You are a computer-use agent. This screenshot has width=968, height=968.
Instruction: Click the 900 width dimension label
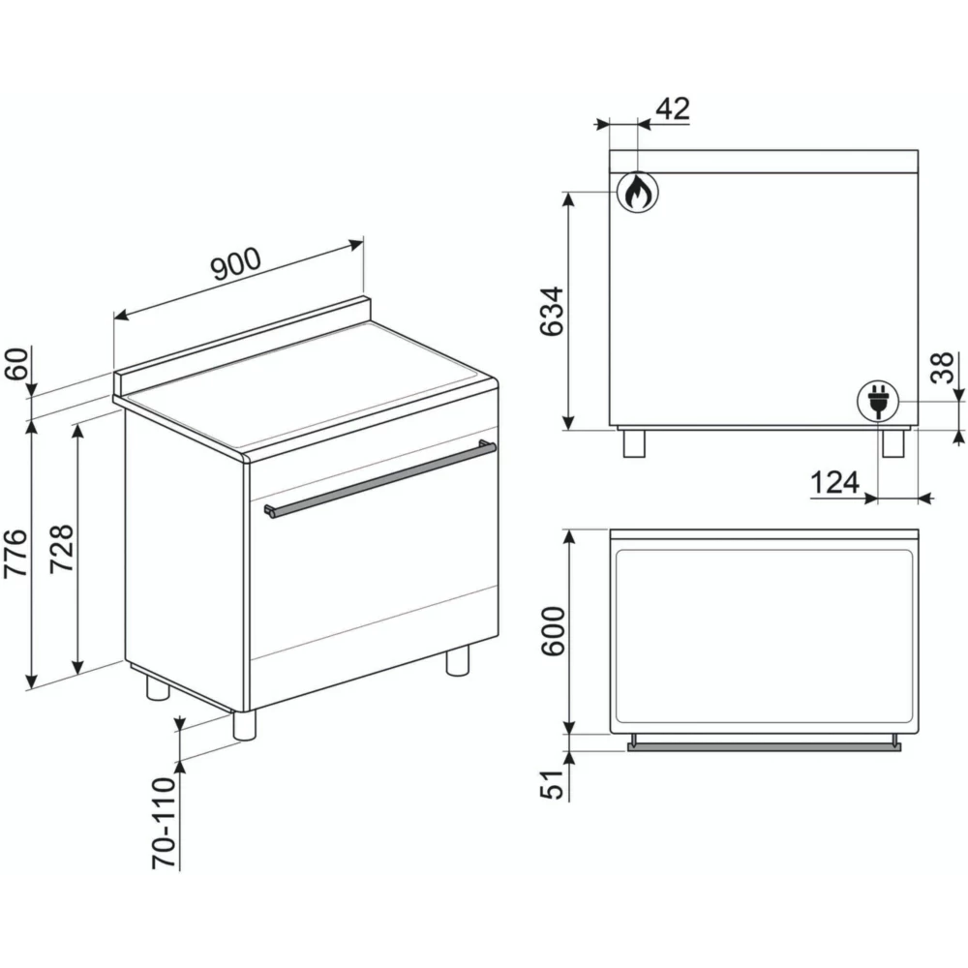[236, 265]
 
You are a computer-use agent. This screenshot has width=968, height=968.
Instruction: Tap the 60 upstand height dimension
[17, 364]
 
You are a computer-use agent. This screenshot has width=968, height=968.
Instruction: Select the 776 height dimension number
[16, 553]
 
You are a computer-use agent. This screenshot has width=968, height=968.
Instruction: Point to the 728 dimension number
[62, 549]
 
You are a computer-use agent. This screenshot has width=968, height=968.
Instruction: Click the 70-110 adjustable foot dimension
[165, 824]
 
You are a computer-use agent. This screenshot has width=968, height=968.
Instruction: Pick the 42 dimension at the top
[672, 108]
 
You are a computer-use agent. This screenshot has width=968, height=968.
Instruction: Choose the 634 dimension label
[552, 311]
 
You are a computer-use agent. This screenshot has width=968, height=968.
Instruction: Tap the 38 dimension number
[942, 368]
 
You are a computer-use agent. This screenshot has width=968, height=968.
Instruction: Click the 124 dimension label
[834, 482]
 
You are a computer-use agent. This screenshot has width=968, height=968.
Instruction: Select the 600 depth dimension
[553, 631]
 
